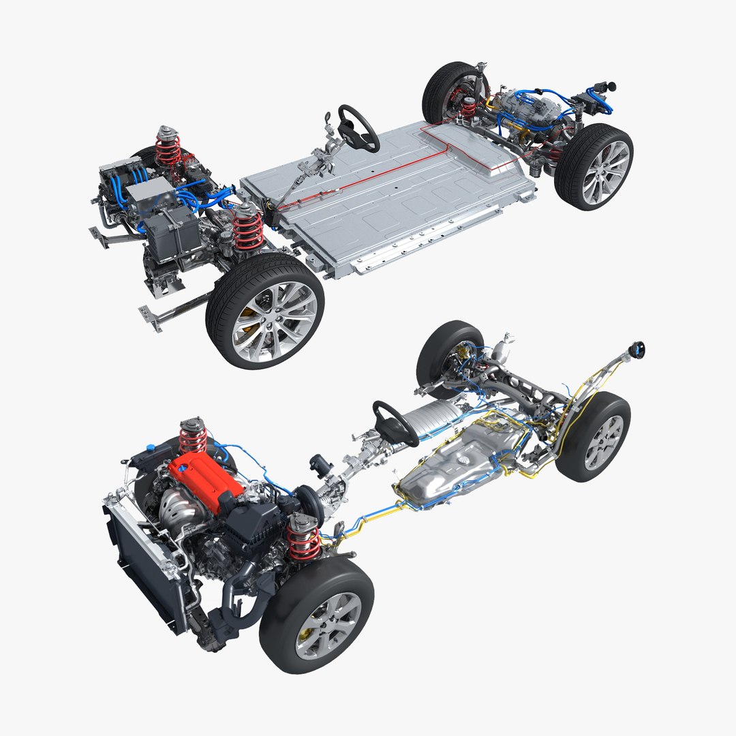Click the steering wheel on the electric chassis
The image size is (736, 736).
tap(358, 127)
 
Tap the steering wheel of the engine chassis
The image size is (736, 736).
tap(395, 423)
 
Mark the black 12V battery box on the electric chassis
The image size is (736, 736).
tap(170, 232)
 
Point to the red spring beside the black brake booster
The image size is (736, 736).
tap(304, 538)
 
